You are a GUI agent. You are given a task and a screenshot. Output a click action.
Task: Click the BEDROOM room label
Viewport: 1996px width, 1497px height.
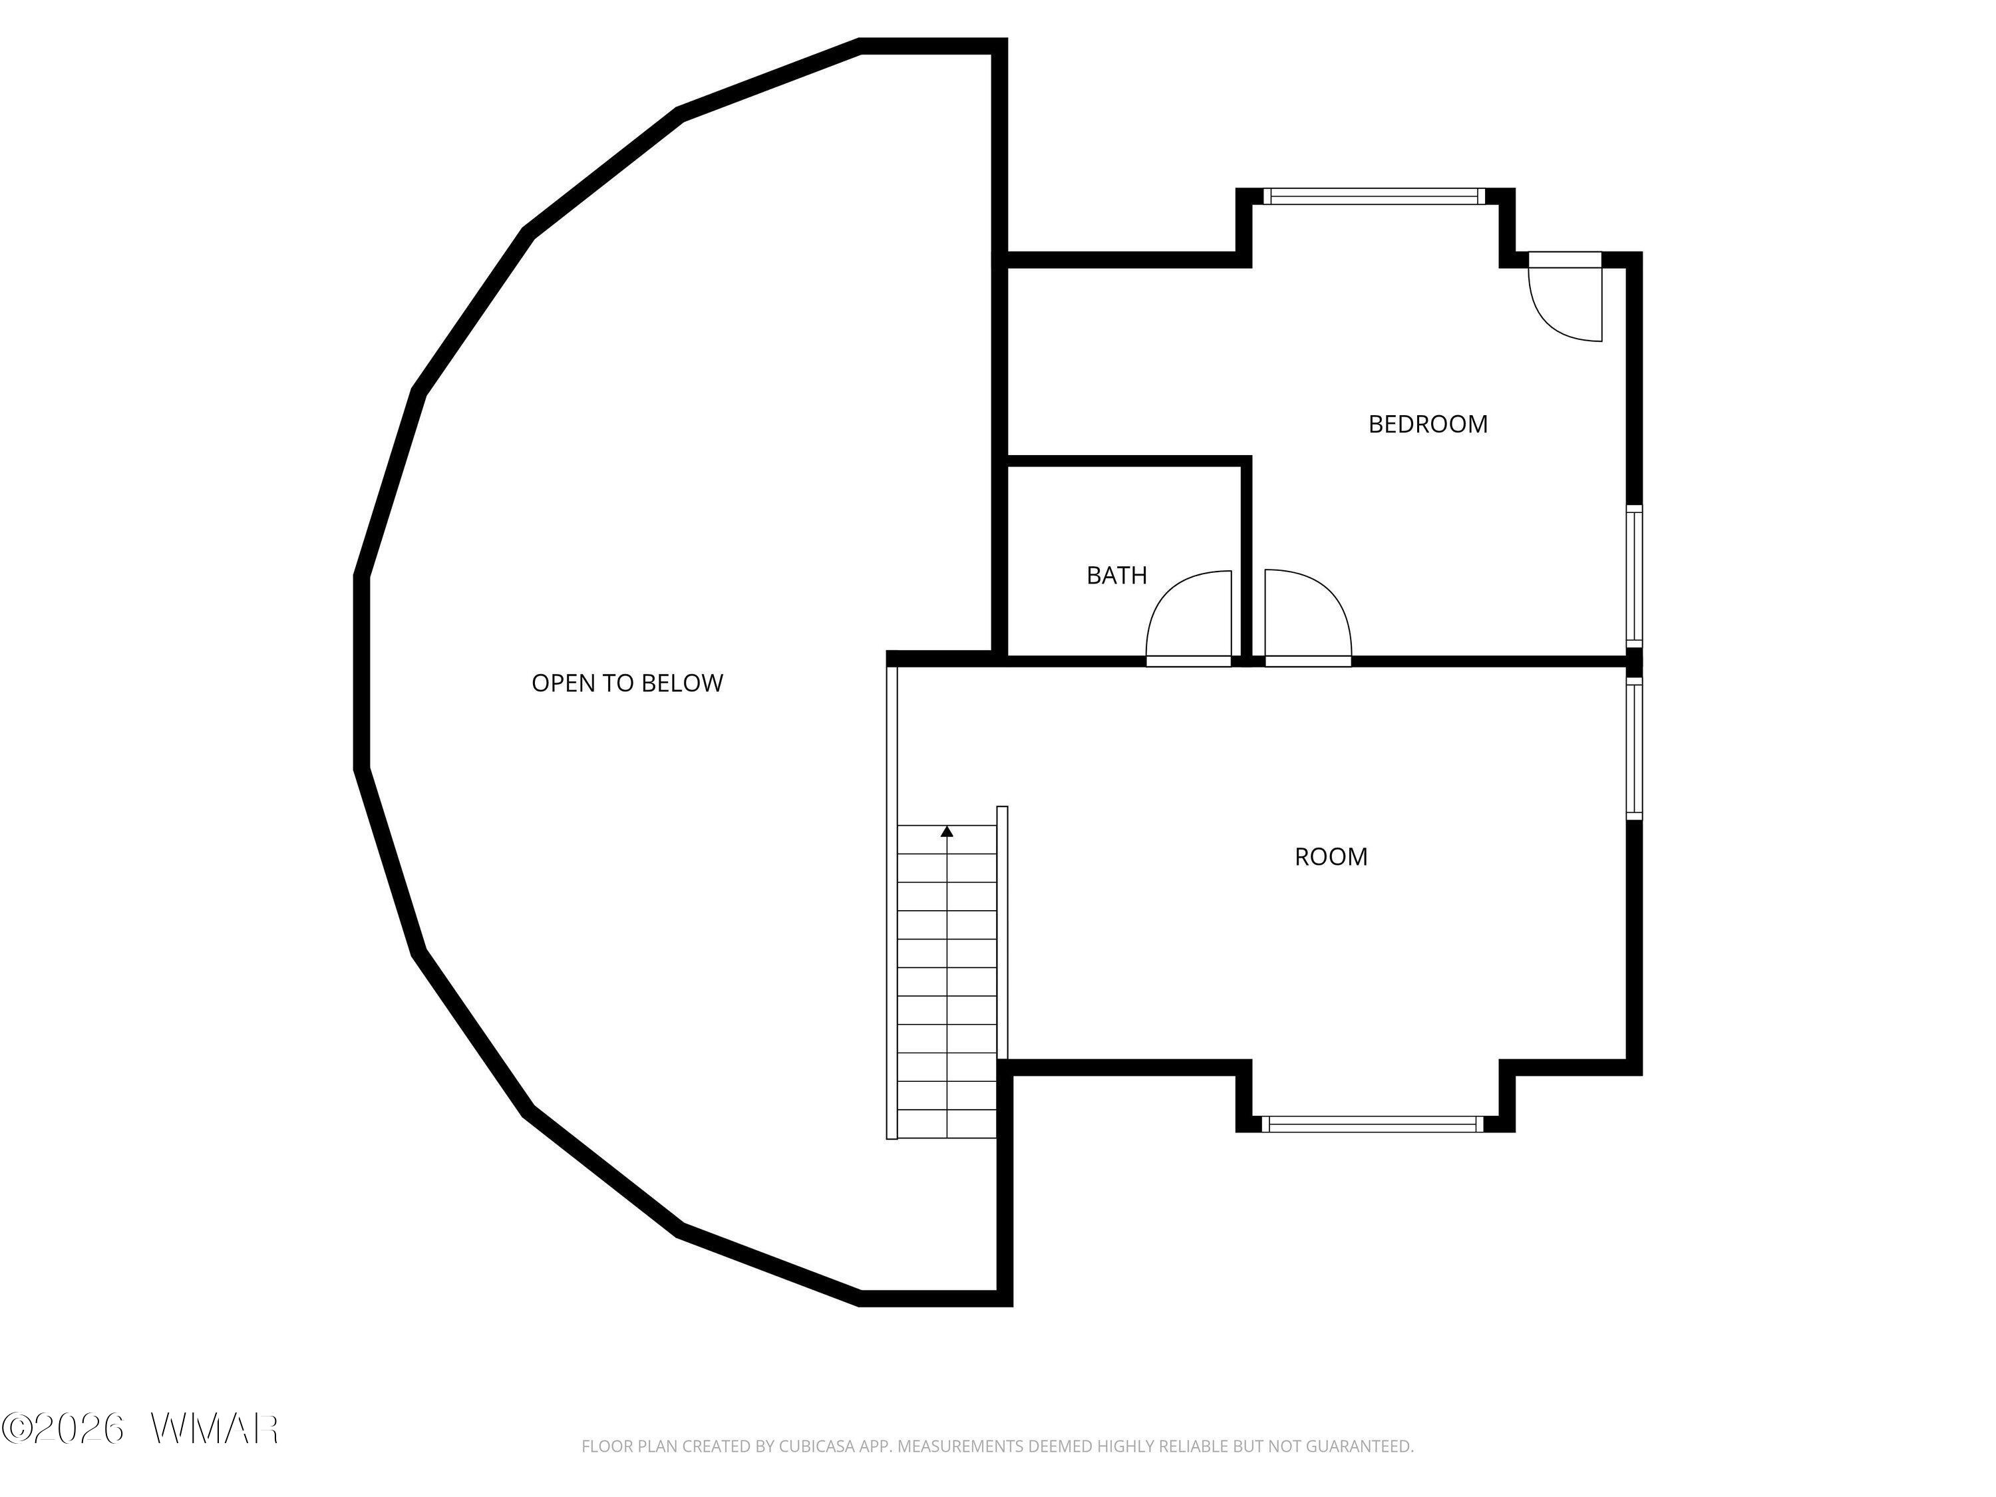pos(1428,424)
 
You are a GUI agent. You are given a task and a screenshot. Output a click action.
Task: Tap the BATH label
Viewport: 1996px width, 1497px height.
pos(1116,575)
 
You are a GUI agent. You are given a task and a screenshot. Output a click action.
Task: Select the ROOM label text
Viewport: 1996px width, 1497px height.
pos(1331,856)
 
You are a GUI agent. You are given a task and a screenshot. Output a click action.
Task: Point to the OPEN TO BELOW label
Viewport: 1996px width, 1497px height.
pos(627,683)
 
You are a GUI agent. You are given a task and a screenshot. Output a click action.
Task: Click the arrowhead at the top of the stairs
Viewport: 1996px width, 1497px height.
pos(947,831)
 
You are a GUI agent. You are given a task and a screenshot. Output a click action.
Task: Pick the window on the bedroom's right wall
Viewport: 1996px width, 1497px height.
pos(1634,575)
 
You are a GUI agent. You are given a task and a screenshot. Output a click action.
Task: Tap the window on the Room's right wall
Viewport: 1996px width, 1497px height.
pos(1634,748)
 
